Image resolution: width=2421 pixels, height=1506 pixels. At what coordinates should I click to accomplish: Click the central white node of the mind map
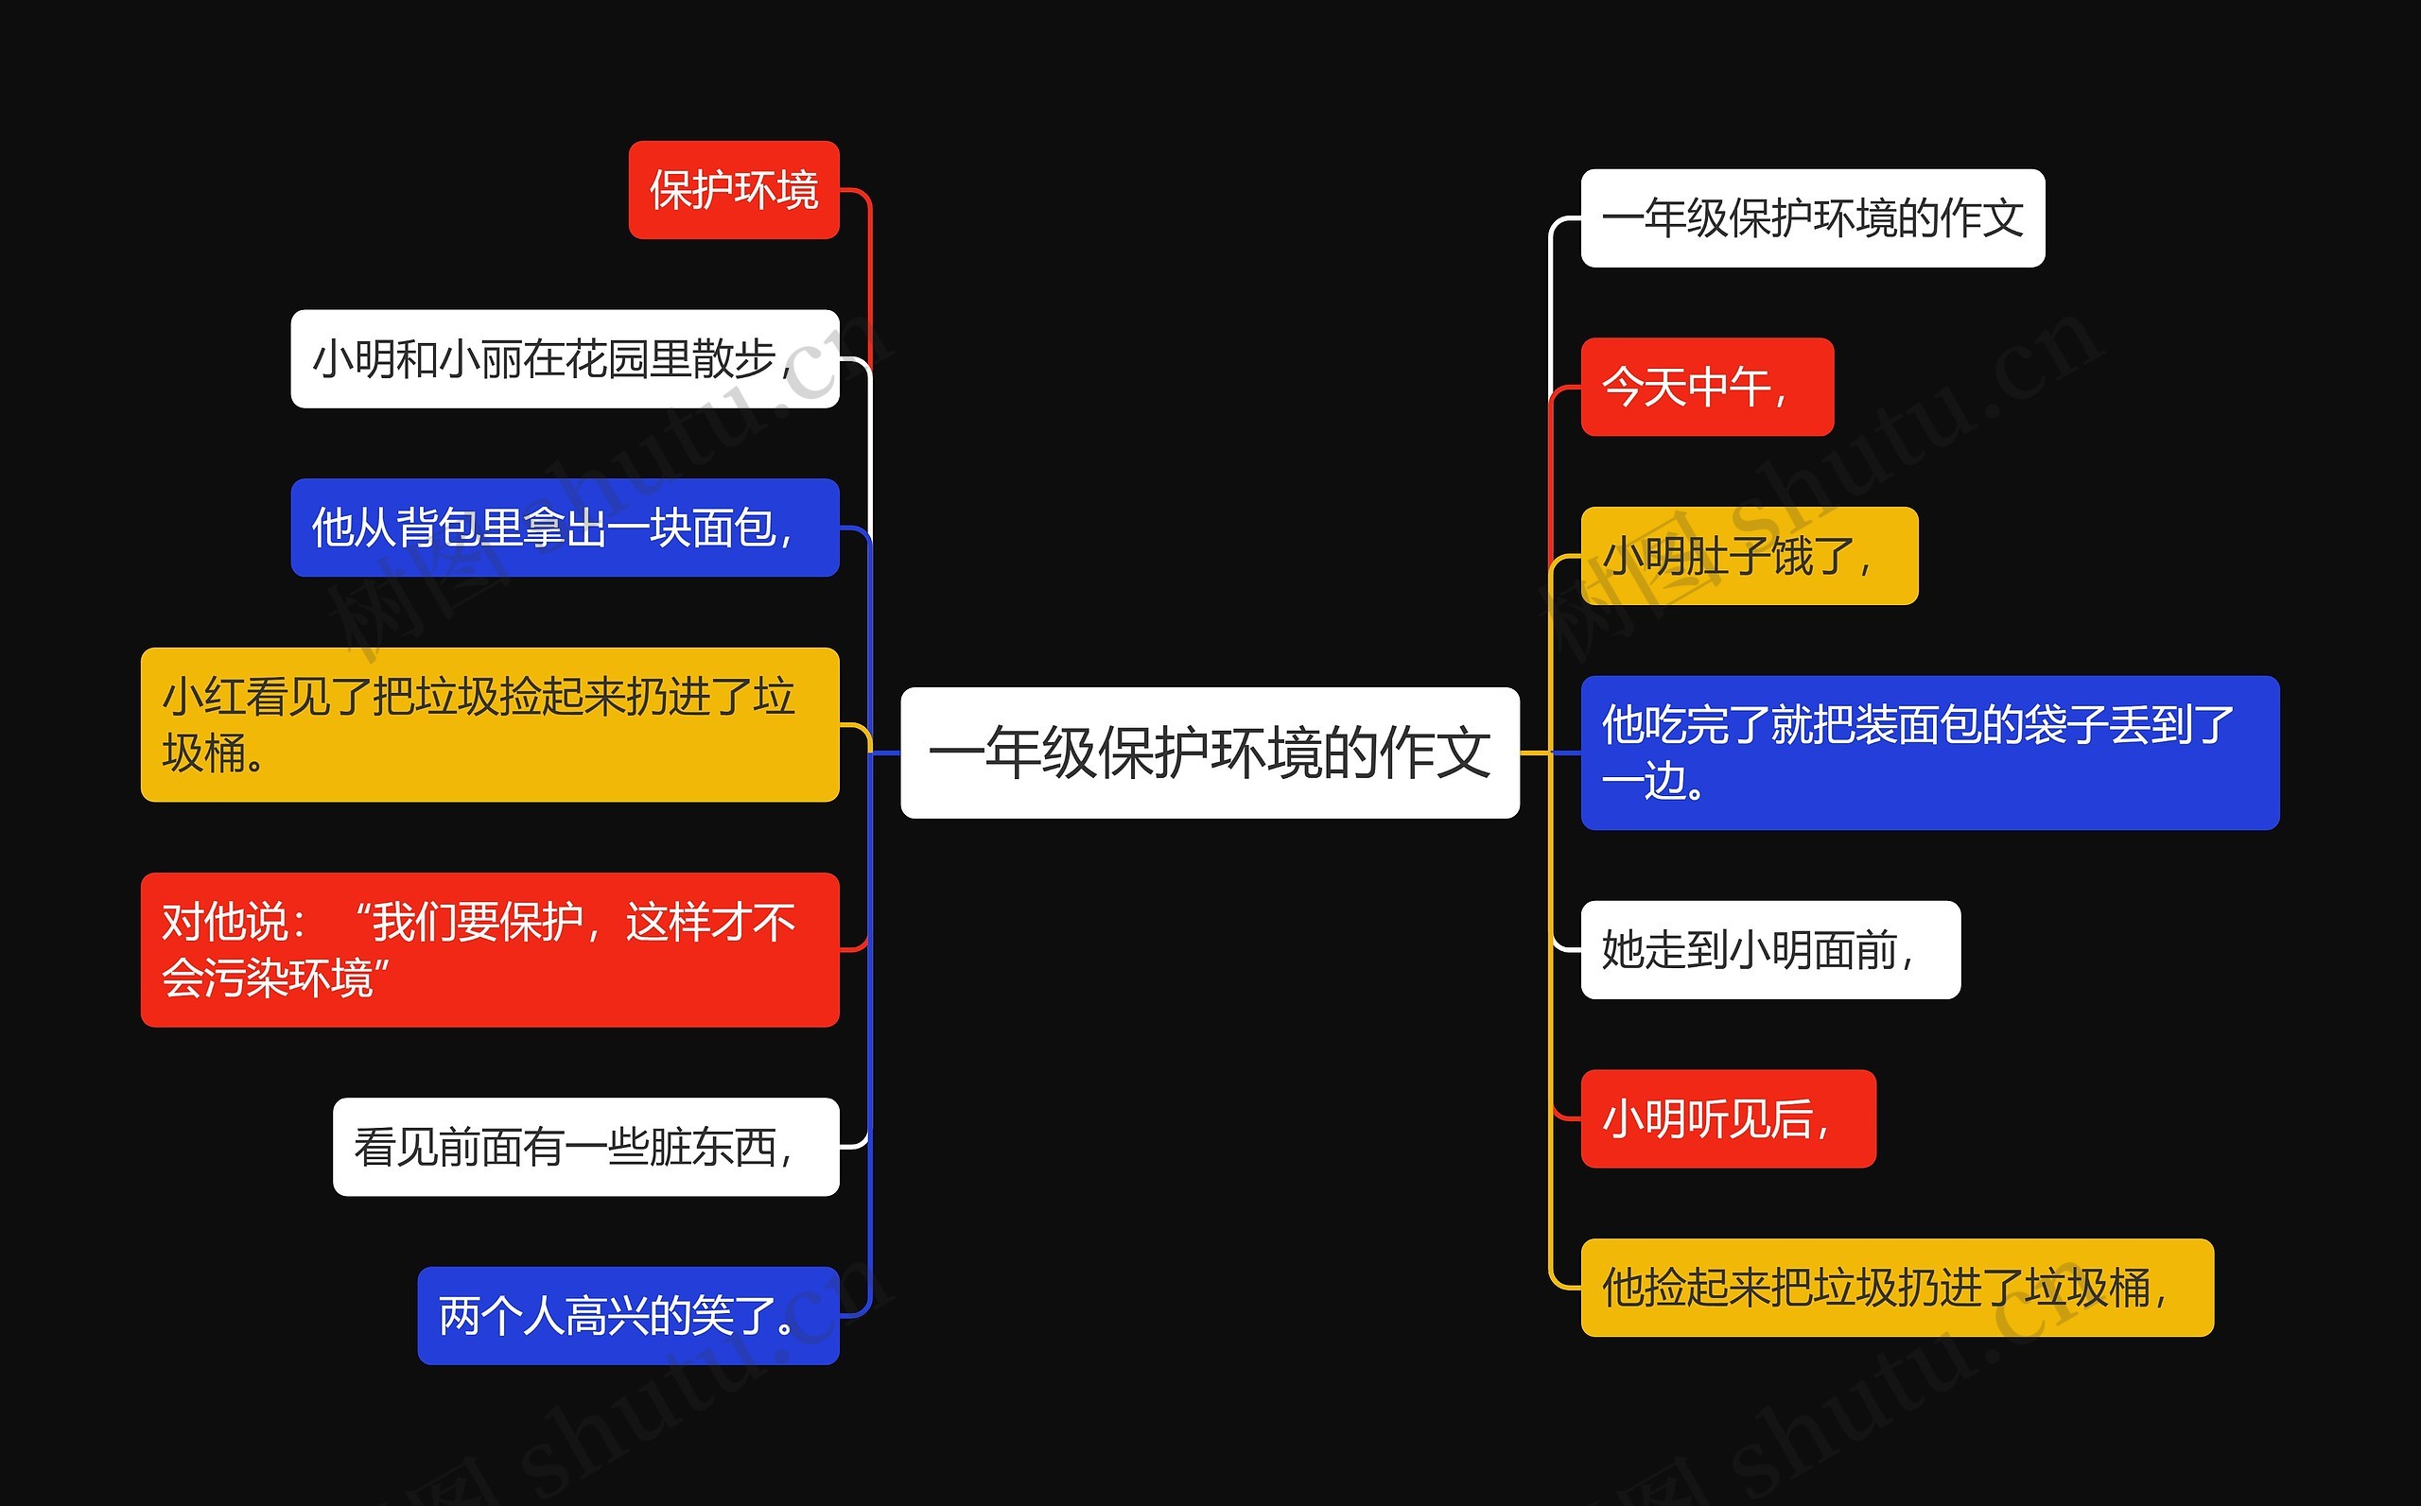coord(1210,753)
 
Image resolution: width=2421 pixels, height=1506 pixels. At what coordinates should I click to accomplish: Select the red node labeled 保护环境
coord(733,190)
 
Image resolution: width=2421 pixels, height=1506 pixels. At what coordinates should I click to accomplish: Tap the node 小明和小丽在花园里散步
coord(564,359)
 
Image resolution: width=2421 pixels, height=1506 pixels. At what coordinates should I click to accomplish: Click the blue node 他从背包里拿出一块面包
coord(564,528)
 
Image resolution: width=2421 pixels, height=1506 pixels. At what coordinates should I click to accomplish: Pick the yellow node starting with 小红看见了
coord(489,725)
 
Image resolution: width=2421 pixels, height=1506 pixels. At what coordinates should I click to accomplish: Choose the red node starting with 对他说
coord(489,950)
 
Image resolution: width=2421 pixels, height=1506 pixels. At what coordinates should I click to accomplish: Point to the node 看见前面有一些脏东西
coord(585,1148)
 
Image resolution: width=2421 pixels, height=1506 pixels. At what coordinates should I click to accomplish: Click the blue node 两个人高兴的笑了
coord(628,1316)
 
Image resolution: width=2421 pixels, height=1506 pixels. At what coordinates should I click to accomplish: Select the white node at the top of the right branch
coord(1812,218)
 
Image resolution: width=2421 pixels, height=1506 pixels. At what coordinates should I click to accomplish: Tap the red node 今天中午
coord(1707,388)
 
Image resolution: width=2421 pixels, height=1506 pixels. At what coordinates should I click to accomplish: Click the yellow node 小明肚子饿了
coord(1749,556)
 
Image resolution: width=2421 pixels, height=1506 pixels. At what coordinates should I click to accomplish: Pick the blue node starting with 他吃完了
coord(1929,753)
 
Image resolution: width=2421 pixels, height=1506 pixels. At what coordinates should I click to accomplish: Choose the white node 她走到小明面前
coord(1770,950)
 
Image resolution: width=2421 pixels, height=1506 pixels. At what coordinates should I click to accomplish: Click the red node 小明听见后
coord(1728,1118)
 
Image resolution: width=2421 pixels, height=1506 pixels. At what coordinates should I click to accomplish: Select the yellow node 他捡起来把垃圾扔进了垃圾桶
coord(1896,1288)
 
